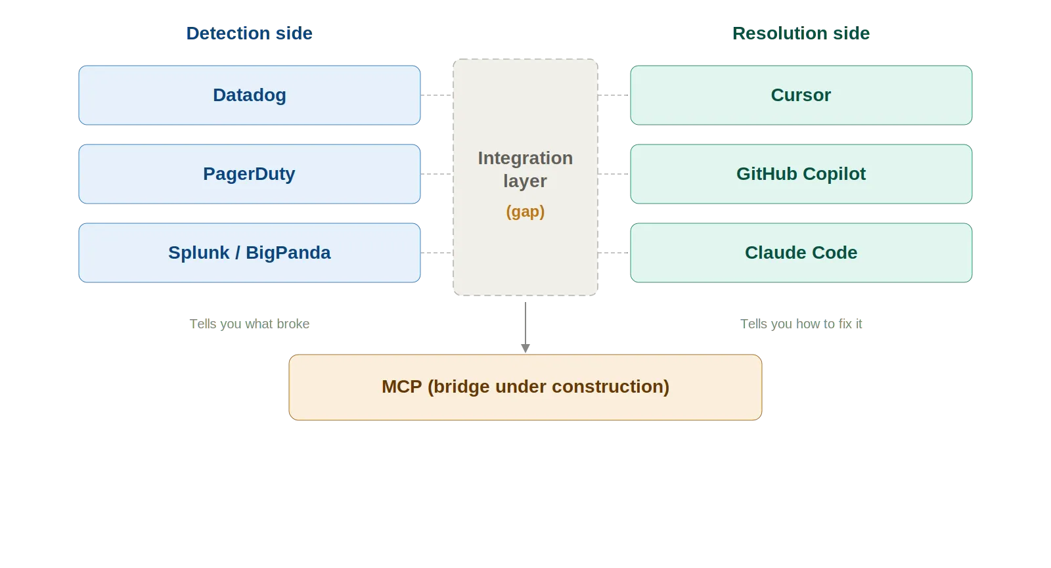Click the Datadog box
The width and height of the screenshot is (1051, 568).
250,95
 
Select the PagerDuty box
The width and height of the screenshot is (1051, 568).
250,174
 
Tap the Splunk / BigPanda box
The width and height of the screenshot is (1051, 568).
250,253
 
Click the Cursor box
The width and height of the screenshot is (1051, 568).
801,95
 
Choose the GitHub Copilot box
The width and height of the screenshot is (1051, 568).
801,174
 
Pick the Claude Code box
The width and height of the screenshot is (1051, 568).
801,253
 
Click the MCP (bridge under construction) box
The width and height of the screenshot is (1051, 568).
525,387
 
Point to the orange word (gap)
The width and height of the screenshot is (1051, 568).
525,211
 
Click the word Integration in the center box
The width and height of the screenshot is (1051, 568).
525,158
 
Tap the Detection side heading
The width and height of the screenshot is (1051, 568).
249,33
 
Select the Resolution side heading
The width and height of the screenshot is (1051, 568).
801,33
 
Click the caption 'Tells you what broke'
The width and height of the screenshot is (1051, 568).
249,324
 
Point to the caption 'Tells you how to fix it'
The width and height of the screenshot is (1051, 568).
802,324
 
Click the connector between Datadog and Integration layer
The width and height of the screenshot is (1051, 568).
436,97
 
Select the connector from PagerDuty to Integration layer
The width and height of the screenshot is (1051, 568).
436,176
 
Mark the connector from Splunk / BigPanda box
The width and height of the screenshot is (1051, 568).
436,255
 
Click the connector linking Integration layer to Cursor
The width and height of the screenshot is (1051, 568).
614,97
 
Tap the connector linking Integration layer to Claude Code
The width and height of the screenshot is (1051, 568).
614,255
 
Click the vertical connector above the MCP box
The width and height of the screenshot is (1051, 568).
525,326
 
